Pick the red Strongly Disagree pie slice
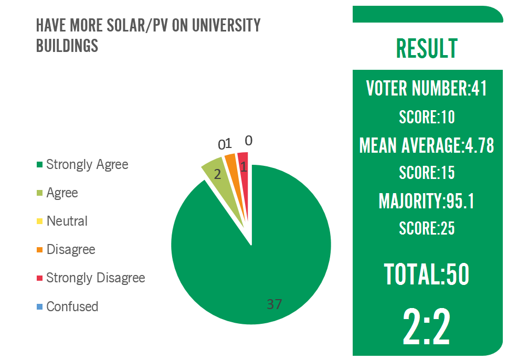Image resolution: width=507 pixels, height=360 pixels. [242, 160]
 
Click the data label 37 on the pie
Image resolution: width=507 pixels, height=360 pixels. [274, 304]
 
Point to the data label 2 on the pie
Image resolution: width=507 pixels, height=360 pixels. [217, 175]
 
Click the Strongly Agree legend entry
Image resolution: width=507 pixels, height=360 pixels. [87, 164]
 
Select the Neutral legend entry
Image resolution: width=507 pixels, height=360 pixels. [67, 221]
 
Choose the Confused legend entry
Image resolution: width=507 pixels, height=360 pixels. [72, 306]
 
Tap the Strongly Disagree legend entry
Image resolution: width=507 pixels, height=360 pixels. [96, 278]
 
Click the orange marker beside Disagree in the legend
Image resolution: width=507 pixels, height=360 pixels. [39, 250]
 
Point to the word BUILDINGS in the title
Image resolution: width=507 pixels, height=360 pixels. [67, 46]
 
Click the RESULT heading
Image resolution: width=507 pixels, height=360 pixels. [427, 49]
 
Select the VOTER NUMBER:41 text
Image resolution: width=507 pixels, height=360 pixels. [427, 88]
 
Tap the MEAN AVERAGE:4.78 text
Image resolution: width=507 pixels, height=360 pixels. [427, 145]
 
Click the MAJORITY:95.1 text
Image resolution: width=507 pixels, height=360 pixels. [427, 201]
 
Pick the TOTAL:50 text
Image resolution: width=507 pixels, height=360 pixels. [427, 274]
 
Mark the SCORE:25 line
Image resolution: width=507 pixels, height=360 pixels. [427, 228]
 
